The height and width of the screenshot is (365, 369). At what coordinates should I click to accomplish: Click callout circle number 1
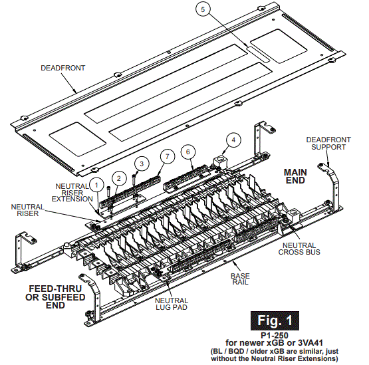97,184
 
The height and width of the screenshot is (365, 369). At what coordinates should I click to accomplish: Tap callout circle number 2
118,177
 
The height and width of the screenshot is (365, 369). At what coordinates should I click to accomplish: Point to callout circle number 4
233,140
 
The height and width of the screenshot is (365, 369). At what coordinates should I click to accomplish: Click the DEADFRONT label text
63,68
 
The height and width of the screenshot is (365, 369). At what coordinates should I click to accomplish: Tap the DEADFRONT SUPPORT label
326,143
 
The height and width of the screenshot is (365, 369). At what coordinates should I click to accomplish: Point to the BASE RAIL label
240,279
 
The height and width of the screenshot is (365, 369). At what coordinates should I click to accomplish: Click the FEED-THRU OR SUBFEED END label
57,297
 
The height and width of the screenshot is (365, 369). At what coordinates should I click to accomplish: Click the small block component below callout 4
219,162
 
